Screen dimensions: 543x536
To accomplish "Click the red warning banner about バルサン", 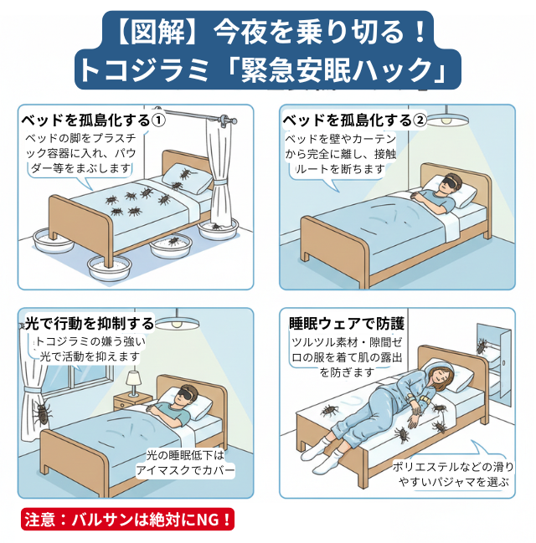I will pyautogui.click(x=127, y=519).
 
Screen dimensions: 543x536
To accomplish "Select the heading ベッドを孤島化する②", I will pyautogui.click(x=355, y=120).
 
